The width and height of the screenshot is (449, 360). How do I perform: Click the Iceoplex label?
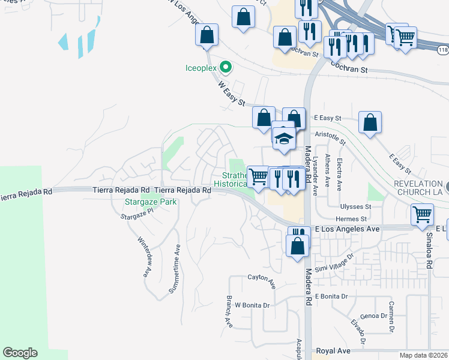pos(200,68)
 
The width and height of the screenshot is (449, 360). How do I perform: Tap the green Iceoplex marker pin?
pos(226,67)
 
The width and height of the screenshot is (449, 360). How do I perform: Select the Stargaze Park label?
pos(151,202)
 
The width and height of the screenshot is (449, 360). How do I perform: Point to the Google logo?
pos(20,353)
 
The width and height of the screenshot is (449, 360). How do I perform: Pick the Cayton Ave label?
pos(261,277)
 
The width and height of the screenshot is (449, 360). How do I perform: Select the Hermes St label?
pos(351,219)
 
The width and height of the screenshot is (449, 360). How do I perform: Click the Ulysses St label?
pos(357,206)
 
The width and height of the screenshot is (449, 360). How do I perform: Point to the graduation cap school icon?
pos(283,139)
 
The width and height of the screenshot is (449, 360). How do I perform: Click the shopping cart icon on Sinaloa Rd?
pos(423,214)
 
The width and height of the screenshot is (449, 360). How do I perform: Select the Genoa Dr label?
pos(373,316)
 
